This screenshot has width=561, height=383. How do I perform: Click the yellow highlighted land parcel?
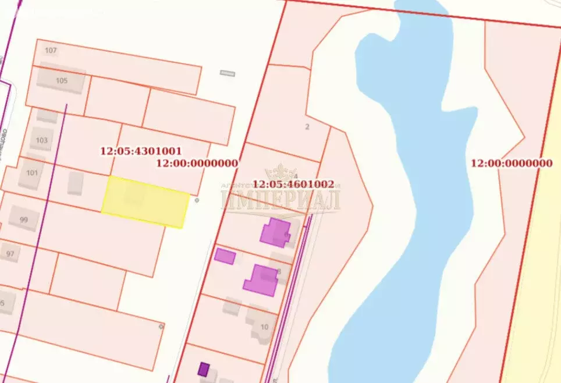tap(145, 202)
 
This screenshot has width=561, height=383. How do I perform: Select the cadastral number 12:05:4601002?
tap(293, 184)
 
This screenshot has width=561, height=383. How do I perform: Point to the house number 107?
tap(51, 51)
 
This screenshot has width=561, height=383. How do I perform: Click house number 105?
tap(62, 81)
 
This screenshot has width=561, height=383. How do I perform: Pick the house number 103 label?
tap(42, 140)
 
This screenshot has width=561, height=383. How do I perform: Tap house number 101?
tap(32, 172)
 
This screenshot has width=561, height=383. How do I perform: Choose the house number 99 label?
tap(24, 219)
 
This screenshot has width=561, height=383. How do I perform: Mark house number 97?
tap(10, 254)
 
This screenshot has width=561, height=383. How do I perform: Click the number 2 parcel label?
tap(307, 126)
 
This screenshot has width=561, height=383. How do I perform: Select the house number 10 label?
tap(265, 327)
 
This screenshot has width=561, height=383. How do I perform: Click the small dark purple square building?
tap(203, 368)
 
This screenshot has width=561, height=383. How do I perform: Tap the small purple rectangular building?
tap(225, 256)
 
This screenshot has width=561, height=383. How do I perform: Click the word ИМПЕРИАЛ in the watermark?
tap(280, 200)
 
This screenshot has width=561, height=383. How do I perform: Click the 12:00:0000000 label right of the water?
tap(512, 163)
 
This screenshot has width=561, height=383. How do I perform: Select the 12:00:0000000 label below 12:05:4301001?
tap(197, 163)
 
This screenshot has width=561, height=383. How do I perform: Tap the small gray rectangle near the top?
tap(228, 73)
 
